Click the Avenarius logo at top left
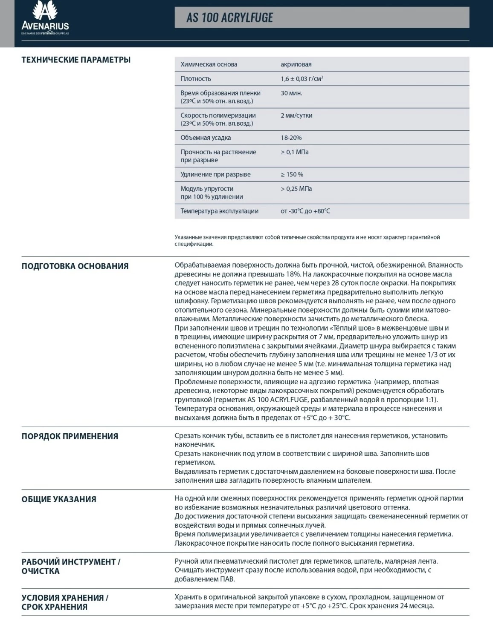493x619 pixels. point(45,18)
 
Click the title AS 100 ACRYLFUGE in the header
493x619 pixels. point(229,17)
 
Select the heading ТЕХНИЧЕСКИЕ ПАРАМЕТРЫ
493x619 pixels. point(76,60)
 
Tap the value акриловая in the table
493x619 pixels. point(296,64)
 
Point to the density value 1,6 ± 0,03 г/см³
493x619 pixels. point(302,79)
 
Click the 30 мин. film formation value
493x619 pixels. point(291,93)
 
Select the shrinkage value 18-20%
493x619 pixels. point(291,138)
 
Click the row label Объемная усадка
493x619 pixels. point(206,138)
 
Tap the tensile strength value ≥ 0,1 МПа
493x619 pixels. point(294,152)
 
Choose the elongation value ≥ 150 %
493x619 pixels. point(292,174)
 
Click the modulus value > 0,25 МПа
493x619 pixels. point(296,189)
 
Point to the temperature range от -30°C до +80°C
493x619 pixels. point(305,211)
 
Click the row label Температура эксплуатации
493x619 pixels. point(219,211)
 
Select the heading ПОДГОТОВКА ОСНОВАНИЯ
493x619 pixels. point(75,266)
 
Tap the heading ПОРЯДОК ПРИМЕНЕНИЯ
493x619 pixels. point(70,436)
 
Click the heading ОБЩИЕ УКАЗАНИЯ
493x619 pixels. point(59,499)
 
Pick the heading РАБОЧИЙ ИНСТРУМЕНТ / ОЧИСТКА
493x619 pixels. point(71,566)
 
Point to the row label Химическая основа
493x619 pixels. point(209,64)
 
